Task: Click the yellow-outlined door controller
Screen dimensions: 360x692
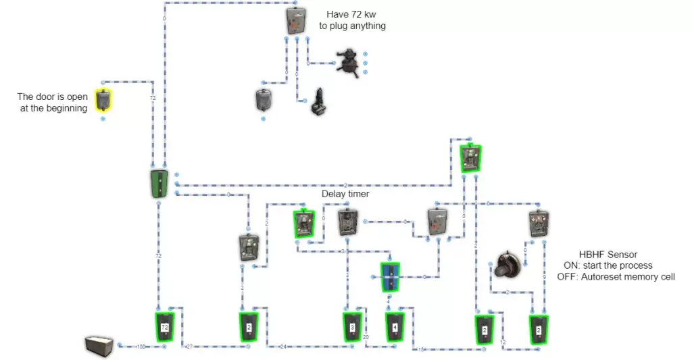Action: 103,100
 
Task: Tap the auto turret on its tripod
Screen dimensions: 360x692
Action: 349,63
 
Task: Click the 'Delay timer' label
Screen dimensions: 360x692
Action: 345,194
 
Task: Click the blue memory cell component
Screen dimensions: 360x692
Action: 391,277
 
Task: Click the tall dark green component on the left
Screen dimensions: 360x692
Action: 158,184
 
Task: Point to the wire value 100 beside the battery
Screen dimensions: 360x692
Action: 141,346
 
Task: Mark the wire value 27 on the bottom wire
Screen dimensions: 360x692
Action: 189,346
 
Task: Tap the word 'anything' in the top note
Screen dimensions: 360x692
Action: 368,26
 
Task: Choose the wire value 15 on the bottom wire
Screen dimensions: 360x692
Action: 420,349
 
